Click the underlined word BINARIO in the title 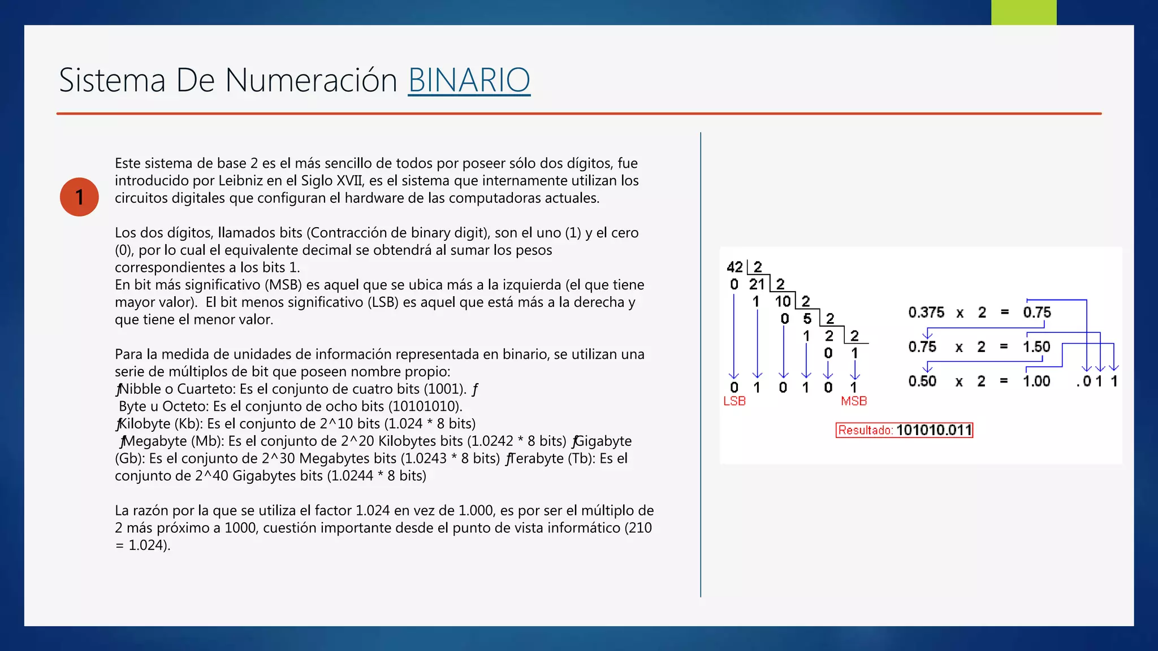469,80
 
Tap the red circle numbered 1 79,197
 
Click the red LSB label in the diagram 734,401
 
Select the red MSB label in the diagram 853,401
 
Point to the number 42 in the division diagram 734,267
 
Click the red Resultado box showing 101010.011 904,430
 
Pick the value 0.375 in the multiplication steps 926,313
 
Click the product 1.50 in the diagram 1036,346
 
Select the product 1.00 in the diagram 1036,381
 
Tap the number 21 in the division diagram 757,284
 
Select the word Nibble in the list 141,389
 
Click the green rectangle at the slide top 1023,12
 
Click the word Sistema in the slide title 112,80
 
